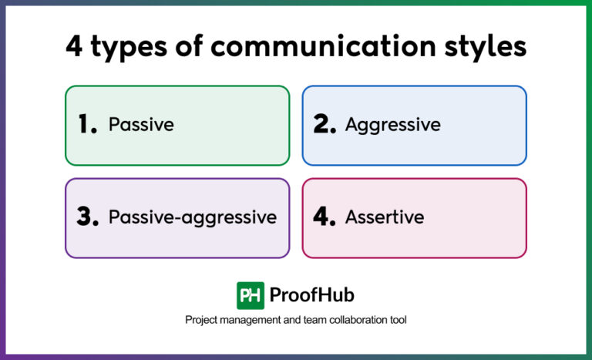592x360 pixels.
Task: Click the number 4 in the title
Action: tap(74, 46)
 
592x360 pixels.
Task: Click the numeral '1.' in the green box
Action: tap(87, 125)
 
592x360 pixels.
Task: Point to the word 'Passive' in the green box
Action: tap(141, 125)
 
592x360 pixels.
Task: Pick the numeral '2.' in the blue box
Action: tap(325, 125)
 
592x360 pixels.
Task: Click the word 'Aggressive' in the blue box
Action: tap(392, 125)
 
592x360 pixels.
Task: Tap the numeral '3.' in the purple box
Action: tap(87, 217)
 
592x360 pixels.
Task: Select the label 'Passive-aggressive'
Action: tap(192, 218)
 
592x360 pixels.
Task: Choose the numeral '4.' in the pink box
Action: tap(325, 217)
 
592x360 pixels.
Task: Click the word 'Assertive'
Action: tap(384, 217)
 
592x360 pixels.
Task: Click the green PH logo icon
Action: tap(250, 295)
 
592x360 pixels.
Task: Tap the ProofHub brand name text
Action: tap(311, 295)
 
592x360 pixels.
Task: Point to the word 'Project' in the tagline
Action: tap(202, 320)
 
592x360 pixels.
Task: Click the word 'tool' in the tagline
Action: tap(397, 319)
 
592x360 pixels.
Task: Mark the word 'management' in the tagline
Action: tap(252, 320)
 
